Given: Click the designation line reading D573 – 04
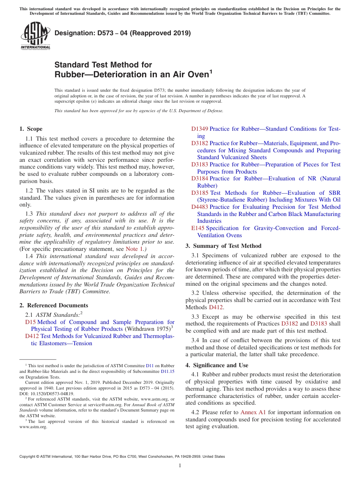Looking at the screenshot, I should (x=122, y=33).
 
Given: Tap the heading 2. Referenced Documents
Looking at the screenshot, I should (x=53, y=305).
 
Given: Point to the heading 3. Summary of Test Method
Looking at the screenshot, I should (x=223, y=246).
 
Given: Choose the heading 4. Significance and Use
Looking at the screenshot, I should (x=217, y=365).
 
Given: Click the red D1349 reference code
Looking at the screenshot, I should (x=199, y=129).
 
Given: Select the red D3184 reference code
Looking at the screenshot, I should (x=199, y=178).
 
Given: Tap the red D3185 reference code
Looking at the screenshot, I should (x=199, y=193).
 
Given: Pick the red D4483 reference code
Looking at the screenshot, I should (x=199, y=207).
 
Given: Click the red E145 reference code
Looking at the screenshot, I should (x=197, y=228).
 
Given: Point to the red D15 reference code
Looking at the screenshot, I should (x=30, y=322).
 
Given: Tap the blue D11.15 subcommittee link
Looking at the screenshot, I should (x=167, y=372).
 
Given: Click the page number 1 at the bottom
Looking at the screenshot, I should (x=180, y=465).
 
